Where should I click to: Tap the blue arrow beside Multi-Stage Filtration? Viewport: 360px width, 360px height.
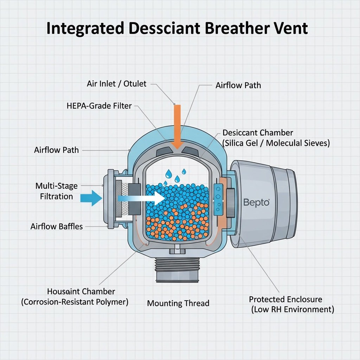click(91, 198)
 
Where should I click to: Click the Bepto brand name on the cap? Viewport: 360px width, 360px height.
click(256, 202)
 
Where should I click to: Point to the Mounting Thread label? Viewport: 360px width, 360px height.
click(178, 303)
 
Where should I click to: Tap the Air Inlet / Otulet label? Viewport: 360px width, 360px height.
click(116, 84)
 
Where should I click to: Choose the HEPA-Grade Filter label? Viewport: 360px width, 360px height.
click(99, 105)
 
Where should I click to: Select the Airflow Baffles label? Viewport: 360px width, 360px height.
click(57, 226)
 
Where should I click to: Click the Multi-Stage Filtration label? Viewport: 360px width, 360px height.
click(56, 191)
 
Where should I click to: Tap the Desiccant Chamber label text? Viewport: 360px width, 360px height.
click(258, 133)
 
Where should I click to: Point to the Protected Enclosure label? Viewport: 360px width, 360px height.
click(285, 299)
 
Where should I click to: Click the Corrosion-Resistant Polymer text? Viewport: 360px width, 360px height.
click(75, 302)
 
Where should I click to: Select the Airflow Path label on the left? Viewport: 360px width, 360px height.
click(56, 150)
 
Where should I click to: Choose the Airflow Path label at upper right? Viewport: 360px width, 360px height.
click(238, 85)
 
